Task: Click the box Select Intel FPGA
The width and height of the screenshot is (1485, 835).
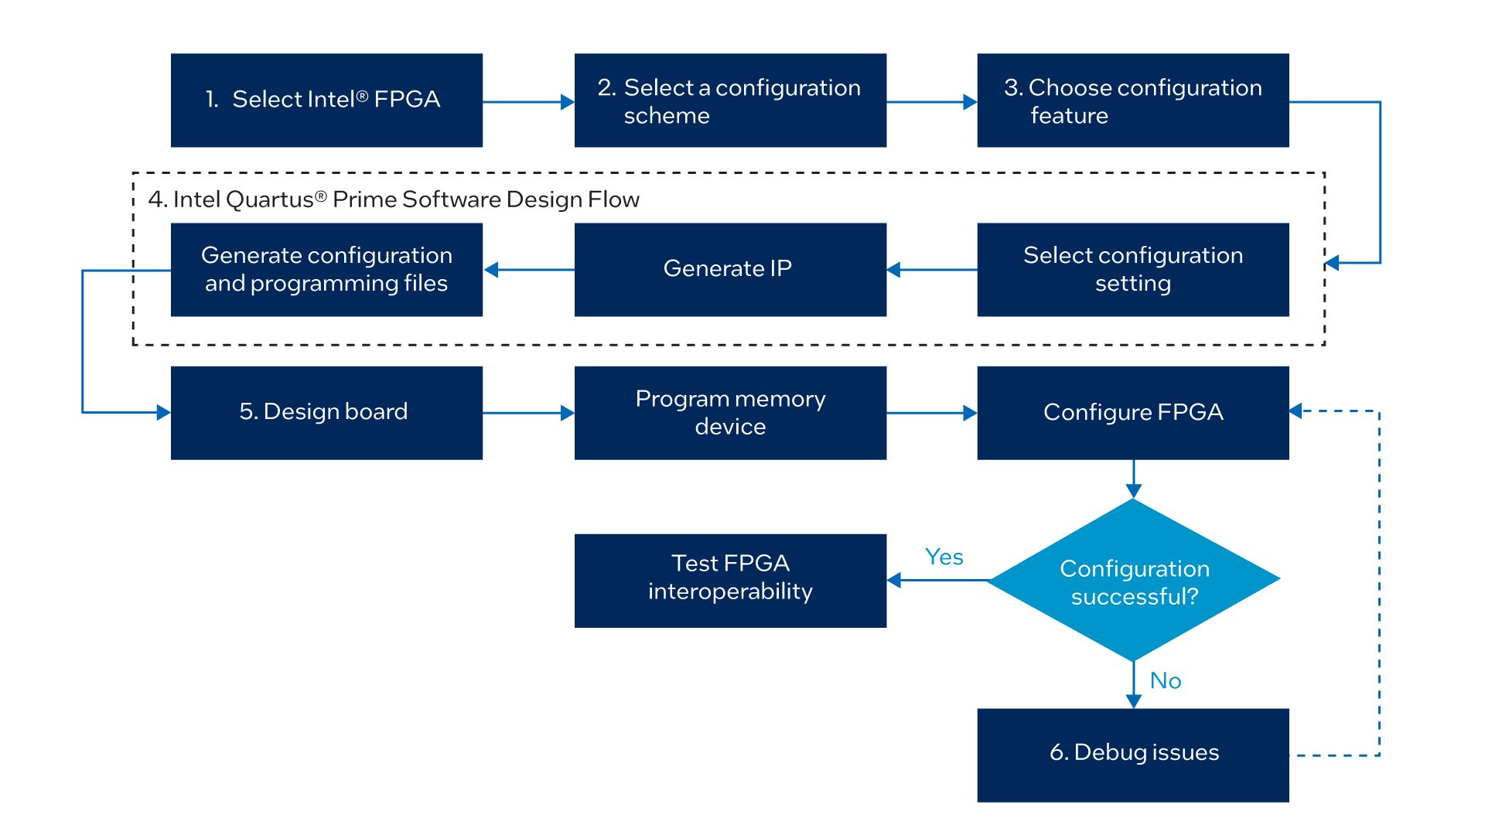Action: (326, 101)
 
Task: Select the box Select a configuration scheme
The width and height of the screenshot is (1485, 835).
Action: (730, 101)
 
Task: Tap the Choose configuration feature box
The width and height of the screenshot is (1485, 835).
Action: (1133, 101)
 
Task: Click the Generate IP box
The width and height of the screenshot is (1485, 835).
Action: (730, 269)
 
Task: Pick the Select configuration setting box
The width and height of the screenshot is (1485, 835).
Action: (1133, 269)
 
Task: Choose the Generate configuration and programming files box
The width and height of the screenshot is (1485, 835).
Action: (326, 269)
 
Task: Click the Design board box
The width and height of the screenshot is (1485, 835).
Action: (326, 412)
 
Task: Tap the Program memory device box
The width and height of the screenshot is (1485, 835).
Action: (730, 412)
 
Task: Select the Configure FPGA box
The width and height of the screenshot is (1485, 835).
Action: (1133, 412)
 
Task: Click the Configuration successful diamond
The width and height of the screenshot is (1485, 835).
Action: (1133, 580)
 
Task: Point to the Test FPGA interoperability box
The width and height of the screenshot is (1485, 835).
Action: (730, 580)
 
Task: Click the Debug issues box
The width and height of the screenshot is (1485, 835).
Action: (1133, 755)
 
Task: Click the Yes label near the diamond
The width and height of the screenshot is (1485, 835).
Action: (944, 557)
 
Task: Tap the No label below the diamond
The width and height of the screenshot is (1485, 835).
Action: (1165, 680)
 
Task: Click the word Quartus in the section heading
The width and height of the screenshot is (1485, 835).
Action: (270, 199)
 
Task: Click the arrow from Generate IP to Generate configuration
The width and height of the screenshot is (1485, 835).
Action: (530, 270)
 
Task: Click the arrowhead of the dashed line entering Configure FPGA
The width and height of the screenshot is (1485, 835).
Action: (1296, 411)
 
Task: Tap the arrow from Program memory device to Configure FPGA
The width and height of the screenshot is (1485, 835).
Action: (931, 413)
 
